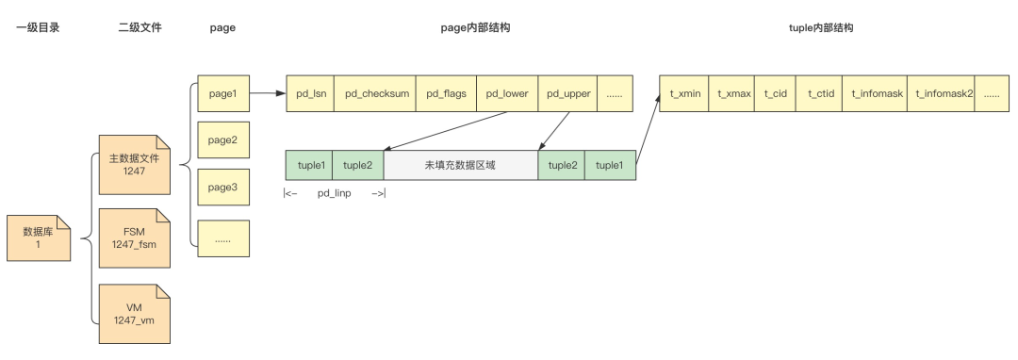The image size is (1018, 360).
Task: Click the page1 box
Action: (x=222, y=93)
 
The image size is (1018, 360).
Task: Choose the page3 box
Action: (x=222, y=188)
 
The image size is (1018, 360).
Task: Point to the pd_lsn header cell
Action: (x=310, y=93)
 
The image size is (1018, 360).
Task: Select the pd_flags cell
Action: (x=446, y=93)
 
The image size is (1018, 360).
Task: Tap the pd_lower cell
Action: (x=507, y=93)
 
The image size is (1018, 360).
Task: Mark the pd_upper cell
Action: (x=567, y=93)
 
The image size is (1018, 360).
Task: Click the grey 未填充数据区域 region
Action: (x=461, y=165)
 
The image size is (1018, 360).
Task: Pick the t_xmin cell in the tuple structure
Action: (x=684, y=93)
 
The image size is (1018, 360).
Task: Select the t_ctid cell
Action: (x=820, y=93)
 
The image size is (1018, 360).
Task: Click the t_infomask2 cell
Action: (x=942, y=93)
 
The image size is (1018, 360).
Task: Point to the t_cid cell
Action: (x=775, y=93)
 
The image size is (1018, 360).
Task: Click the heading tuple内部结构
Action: (x=820, y=28)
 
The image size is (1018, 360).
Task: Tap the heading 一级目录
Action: (x=38, y=28)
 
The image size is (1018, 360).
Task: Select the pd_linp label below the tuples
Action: (x=334, y=194)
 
